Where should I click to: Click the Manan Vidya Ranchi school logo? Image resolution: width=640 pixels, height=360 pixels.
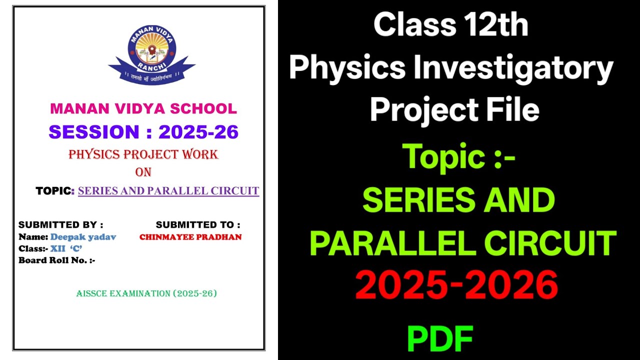[151, 54]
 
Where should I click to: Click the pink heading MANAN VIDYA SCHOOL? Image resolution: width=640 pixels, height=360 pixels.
[143, 108]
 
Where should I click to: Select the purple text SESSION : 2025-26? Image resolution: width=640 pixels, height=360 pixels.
[143, 132]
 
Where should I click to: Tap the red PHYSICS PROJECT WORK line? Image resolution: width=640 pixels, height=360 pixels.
[143, 154]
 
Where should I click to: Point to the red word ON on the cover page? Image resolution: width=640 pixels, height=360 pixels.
[143, 172]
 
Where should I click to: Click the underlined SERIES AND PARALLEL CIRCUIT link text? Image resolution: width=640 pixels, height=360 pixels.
[168, 190]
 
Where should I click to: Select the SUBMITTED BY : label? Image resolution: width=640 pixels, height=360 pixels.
[60, 225]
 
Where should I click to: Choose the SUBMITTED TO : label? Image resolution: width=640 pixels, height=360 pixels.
[197, 225]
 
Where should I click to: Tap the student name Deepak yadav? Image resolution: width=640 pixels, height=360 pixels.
[83, 237]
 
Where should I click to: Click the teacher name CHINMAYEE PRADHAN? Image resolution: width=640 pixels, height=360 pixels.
[190, 237]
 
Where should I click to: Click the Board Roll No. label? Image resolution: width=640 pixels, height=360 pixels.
[56, 260]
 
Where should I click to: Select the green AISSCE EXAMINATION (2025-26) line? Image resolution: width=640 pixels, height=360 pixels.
[146, 293]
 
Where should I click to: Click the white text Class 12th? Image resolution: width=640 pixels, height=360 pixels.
[451, 25]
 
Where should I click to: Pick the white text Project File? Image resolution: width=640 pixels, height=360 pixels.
[454, 109]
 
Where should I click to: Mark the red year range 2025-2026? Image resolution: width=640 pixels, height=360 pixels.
[456, 285]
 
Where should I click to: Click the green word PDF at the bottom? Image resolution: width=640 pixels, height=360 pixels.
[440, 339]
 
